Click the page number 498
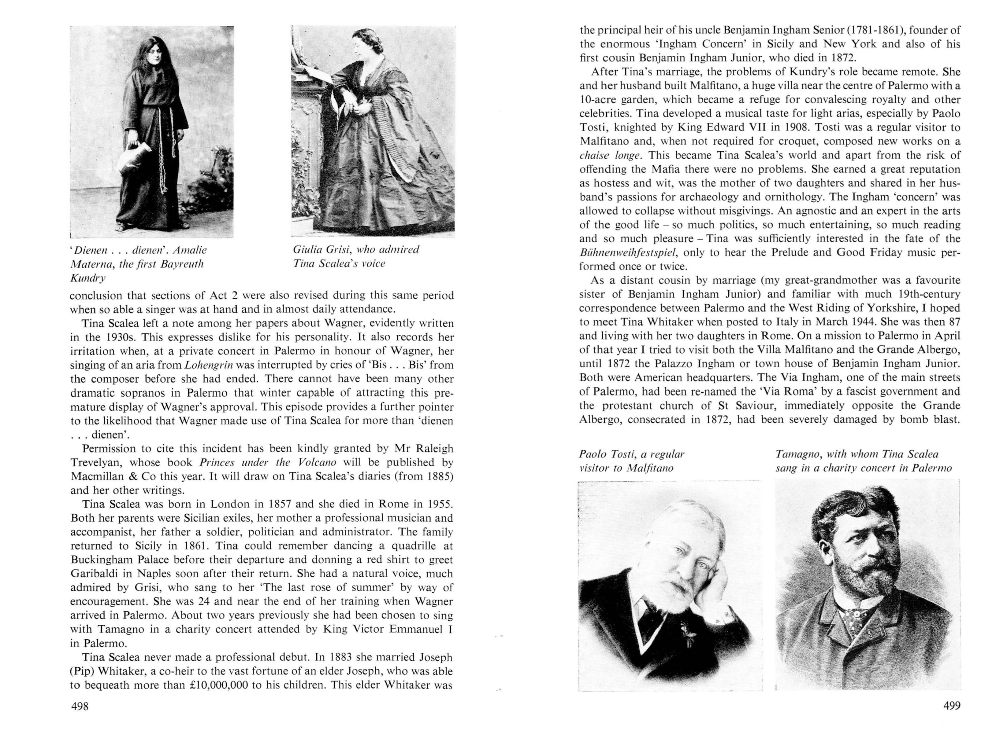coord(80,706)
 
